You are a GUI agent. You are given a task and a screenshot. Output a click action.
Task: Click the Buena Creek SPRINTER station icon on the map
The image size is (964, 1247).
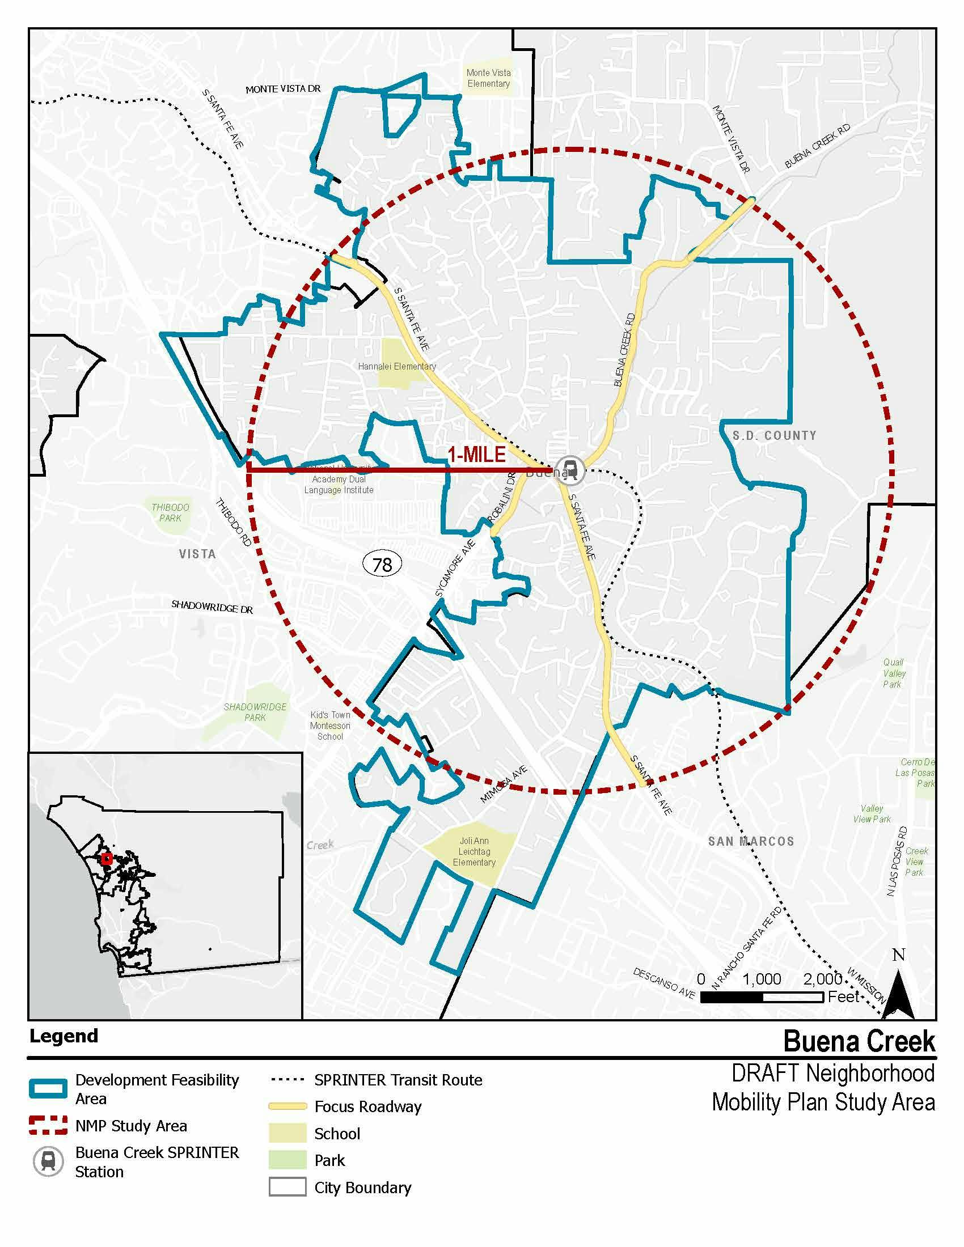[x=570, y=470]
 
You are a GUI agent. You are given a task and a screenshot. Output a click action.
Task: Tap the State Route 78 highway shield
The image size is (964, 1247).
[x=382, y=565]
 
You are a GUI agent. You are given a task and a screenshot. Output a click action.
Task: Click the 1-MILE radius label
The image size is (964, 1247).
[x=477, y=455]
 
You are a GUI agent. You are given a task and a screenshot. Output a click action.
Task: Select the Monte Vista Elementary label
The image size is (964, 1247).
[x=488, y=78]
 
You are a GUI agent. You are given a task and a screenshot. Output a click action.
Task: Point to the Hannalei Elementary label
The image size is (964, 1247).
[x=397, y=367]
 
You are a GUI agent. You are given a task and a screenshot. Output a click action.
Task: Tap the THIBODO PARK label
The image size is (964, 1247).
[x=170, y=513]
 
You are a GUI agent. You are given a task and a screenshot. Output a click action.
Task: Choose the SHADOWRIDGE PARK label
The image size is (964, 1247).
[x=255, y=712]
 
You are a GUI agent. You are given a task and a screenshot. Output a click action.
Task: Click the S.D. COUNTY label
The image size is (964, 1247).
[x=775, y=436]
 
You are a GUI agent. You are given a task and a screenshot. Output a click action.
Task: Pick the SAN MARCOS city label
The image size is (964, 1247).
[x=751, y=841]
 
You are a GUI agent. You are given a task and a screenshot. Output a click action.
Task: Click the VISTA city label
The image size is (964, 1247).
[x=197, y=554]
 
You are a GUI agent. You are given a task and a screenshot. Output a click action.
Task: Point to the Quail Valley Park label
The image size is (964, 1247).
[x=894, y=673]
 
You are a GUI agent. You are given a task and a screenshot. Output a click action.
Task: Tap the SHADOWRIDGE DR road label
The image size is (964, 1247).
[x=212, y=606]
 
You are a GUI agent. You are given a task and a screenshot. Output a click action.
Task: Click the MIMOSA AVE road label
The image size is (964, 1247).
[x=503, y=785]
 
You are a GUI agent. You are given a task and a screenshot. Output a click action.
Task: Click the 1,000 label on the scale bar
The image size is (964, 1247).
[x=761, y=979]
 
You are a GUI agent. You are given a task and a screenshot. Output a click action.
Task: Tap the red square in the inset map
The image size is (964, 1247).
[x=106, y=859]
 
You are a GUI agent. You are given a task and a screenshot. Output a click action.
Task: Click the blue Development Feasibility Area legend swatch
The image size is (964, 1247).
[x=48, y=1089]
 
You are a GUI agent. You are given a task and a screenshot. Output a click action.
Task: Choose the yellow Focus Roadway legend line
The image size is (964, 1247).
[x=287, y=1106]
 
